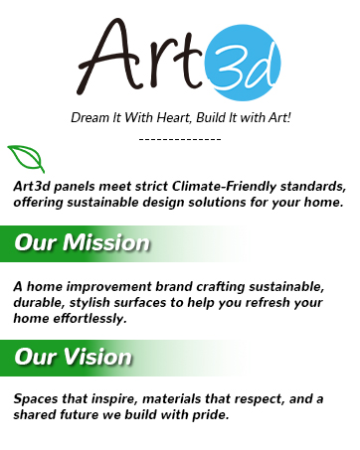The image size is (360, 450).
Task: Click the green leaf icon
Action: pos(26,158)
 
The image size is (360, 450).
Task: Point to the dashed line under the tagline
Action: pos(180,138)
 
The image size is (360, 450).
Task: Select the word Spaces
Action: pos(37,397)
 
